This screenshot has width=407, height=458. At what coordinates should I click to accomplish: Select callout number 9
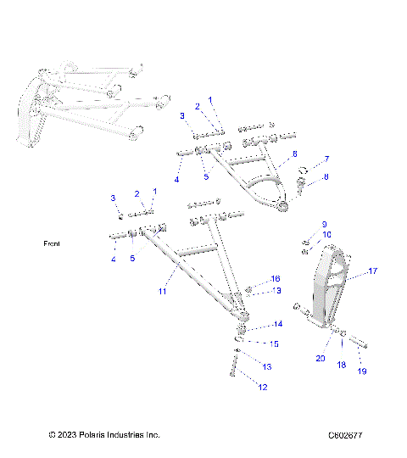tap(323, 224)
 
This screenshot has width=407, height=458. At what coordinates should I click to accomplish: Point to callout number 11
tap(163, 291)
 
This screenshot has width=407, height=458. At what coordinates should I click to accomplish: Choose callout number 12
tap(263, 387)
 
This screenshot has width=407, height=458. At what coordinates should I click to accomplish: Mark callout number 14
tap(277, 324)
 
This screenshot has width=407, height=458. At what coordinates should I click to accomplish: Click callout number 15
tap(274, 343)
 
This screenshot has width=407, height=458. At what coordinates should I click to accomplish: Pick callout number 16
tap(275, 279)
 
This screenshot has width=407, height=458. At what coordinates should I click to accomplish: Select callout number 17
tap(371, 272)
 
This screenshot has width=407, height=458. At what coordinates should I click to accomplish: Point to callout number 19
tap(362, 371)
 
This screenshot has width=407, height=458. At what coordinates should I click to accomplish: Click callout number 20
tap(320, 358)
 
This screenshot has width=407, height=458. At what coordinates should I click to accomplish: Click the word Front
tap(53, 243)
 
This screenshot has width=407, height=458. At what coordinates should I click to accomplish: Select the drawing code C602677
tap(346, 435)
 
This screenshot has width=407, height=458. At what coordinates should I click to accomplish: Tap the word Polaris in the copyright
tap(88, 435)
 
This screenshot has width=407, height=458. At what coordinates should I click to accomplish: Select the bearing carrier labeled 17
tap(332, 280)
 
